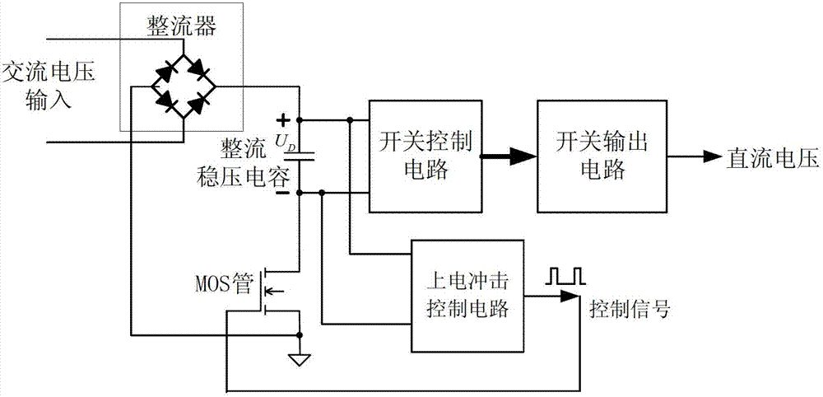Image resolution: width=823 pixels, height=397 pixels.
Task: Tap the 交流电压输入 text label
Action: coord(49,86)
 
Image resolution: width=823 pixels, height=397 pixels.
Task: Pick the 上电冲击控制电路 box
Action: coord(467,294)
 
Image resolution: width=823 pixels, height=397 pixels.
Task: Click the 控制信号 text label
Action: coord(630,310)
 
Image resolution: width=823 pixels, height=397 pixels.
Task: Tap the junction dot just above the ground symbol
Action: coord(300,335)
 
